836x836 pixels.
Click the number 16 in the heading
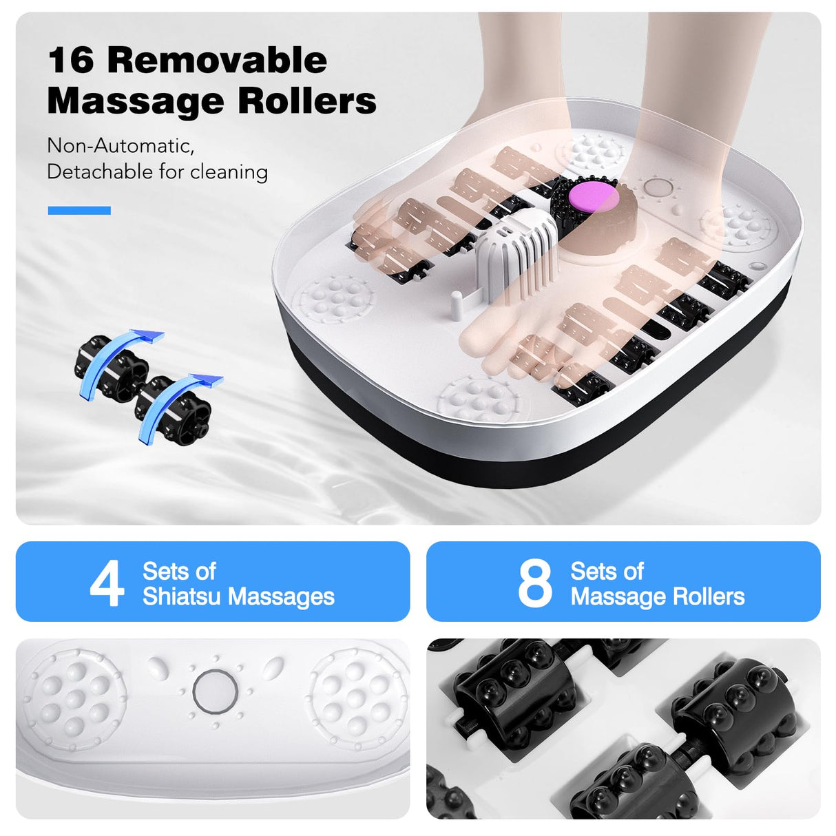pos(71,60)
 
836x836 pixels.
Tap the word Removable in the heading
pos(217,60)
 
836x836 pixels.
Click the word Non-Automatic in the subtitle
pos(121,146)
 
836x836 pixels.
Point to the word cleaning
pos(229,171)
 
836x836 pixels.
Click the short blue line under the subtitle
pos(79,211)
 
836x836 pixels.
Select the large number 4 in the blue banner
pos(107,583)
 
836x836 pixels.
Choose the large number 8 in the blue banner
pos(535,583)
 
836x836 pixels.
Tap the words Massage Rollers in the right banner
pos(658,596)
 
